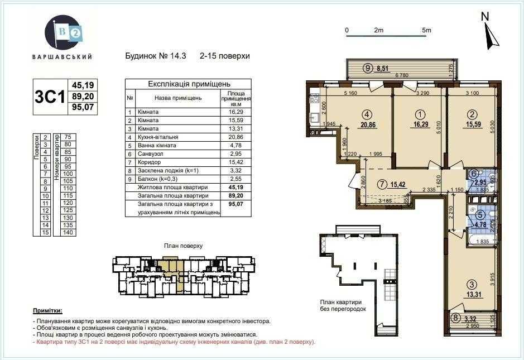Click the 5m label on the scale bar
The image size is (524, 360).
[x=427, y=30]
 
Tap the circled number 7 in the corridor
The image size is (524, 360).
[x=382, y=184]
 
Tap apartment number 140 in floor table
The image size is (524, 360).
[x=69, y=232]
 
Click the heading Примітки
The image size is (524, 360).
[x=47, y=310]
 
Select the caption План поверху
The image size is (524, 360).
[x=182, y=245]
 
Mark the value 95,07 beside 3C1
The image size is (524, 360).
[x=82, y=109]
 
